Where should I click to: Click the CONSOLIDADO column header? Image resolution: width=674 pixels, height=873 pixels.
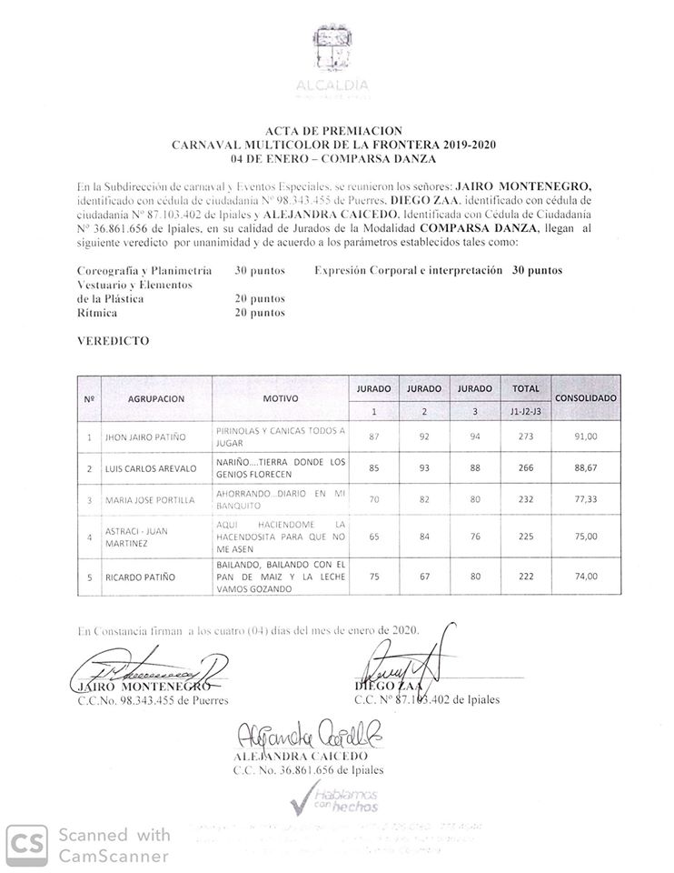[586, 398]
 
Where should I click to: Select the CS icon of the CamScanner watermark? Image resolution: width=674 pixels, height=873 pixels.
[28, 845]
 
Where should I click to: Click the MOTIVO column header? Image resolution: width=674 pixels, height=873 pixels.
[281, 398]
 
